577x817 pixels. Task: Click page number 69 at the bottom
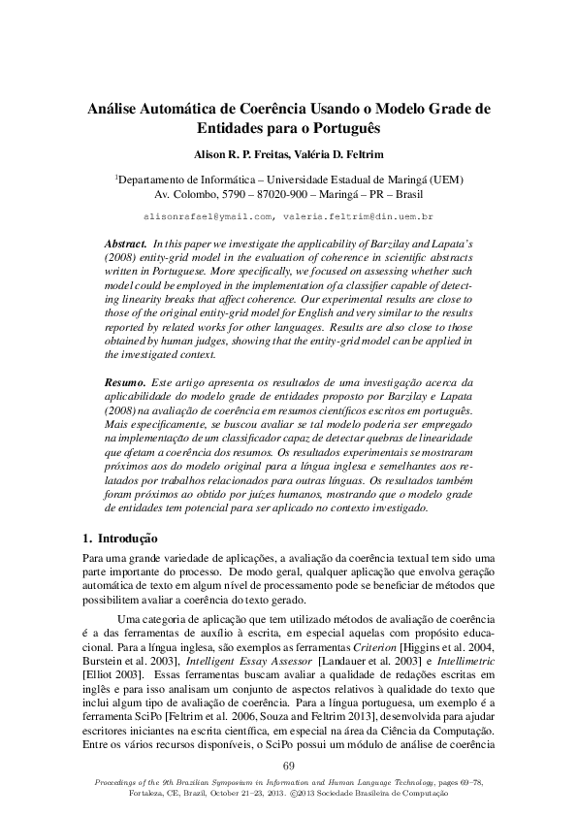tap(288, 768)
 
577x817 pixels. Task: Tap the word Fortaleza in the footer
tap(149, 793)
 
